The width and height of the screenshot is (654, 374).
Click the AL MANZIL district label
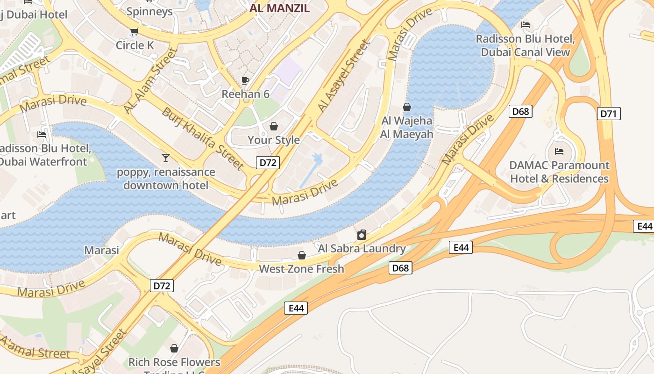[x=279, y=7]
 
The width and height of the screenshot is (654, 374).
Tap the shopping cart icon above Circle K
[x=134, y=32]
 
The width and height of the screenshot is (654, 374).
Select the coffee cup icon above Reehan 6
[x=245, y=80]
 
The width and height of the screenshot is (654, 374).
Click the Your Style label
[x=274, y=140]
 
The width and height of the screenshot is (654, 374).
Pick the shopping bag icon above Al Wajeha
[x=407, y=107]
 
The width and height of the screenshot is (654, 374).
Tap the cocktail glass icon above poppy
[x=165, y=158]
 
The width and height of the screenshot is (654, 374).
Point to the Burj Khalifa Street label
[x=203, y=138]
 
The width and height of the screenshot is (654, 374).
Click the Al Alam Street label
[x=151, y=80]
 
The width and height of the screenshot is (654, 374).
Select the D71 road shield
[x=609, y=114]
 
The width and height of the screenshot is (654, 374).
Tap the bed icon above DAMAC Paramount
[x=559, y=151]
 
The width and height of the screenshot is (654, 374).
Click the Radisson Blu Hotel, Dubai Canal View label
[x=526, y=45]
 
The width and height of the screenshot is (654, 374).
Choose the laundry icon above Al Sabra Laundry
[x=361, y=235]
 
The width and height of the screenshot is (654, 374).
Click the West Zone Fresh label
[x=301, y=269]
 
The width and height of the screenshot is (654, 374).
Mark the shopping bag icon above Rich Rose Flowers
[x=174, y=348]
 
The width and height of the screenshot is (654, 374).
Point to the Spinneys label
[x=149, y=11]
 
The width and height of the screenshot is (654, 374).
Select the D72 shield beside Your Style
[x=268, y=163]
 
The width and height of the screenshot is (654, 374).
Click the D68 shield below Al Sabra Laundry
[x=400, y=268]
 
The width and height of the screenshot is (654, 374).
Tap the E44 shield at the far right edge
[x=645, y=226]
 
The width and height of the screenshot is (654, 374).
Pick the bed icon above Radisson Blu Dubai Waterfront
[x=42, y=135]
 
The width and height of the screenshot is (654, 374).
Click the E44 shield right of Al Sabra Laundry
[x=461, y=247]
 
